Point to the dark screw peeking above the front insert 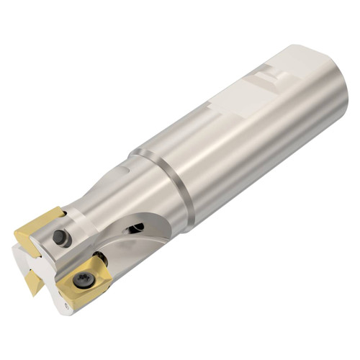(101, 258)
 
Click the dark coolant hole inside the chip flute (135, 228)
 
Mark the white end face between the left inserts (22, 256)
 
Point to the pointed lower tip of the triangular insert (33, 294)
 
